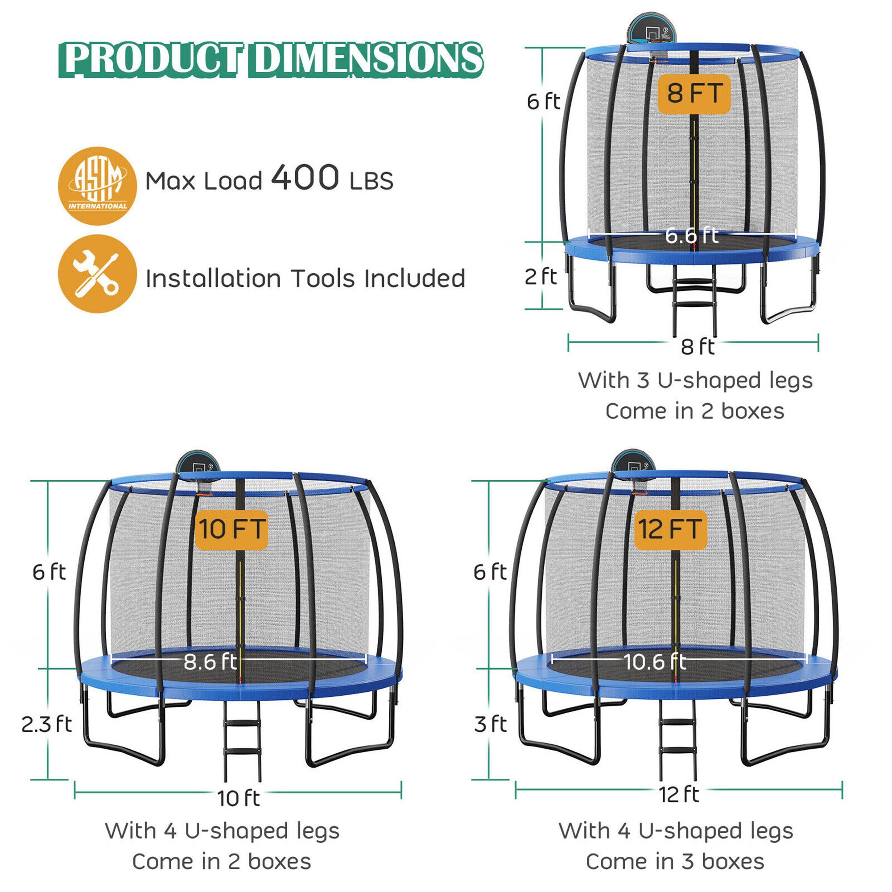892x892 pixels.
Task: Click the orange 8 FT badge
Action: [x=694, y=94]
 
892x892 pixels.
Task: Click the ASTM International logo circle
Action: [x=97, y=186]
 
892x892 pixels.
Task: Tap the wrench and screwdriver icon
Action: [x=97, y=274]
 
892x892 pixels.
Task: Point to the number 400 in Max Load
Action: [x=305, y=178]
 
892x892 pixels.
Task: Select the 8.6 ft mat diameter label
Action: [x=210, y=661]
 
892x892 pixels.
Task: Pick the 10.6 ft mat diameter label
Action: [x=656, y=662]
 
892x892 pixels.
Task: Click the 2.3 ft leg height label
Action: [x=47, y=724]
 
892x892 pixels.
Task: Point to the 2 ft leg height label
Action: [x=541, y=277]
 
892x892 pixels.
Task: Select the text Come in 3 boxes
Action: [x=675, y=862]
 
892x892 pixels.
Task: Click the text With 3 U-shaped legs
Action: [x=695, y=381]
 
